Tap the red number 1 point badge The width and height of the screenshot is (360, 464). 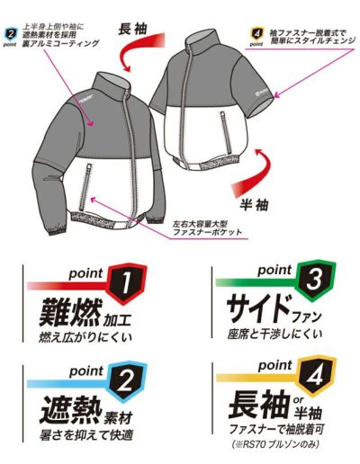pyautogui.click(x=122, y=285)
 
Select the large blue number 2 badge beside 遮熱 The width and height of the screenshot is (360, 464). pyautogui.click(x=122, y=385)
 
